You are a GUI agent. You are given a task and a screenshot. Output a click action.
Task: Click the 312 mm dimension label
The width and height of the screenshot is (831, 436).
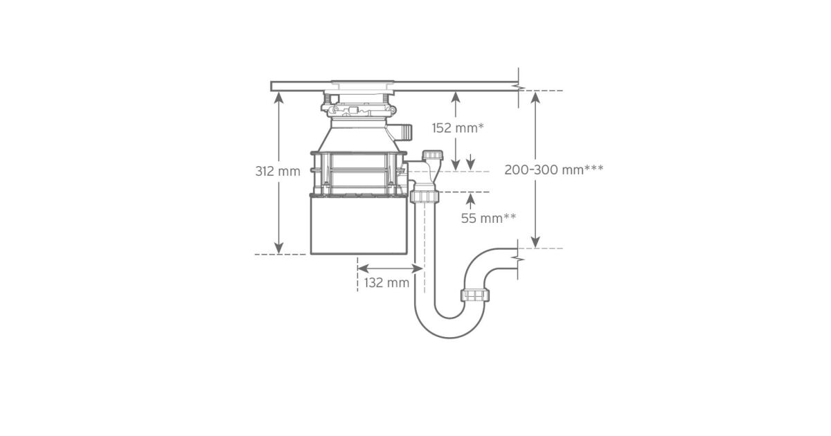[278, 172]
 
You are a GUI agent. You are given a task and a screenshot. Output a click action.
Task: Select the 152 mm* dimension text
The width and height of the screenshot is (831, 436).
[458, 128]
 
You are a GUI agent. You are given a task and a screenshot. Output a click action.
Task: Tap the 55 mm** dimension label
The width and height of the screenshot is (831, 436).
[488, 218]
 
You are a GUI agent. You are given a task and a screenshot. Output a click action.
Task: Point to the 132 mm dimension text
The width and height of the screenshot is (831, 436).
[386, 283]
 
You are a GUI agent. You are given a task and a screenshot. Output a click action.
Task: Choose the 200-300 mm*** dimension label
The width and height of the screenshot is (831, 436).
[554, 170]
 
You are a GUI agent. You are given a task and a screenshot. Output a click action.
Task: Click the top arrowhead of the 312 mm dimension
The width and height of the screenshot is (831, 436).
[279, 97]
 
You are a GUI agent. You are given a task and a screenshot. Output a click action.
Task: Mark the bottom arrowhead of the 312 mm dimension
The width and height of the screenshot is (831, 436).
[279, 248]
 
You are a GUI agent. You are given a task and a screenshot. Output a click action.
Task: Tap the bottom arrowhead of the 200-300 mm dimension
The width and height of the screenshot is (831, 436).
[535, 242]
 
